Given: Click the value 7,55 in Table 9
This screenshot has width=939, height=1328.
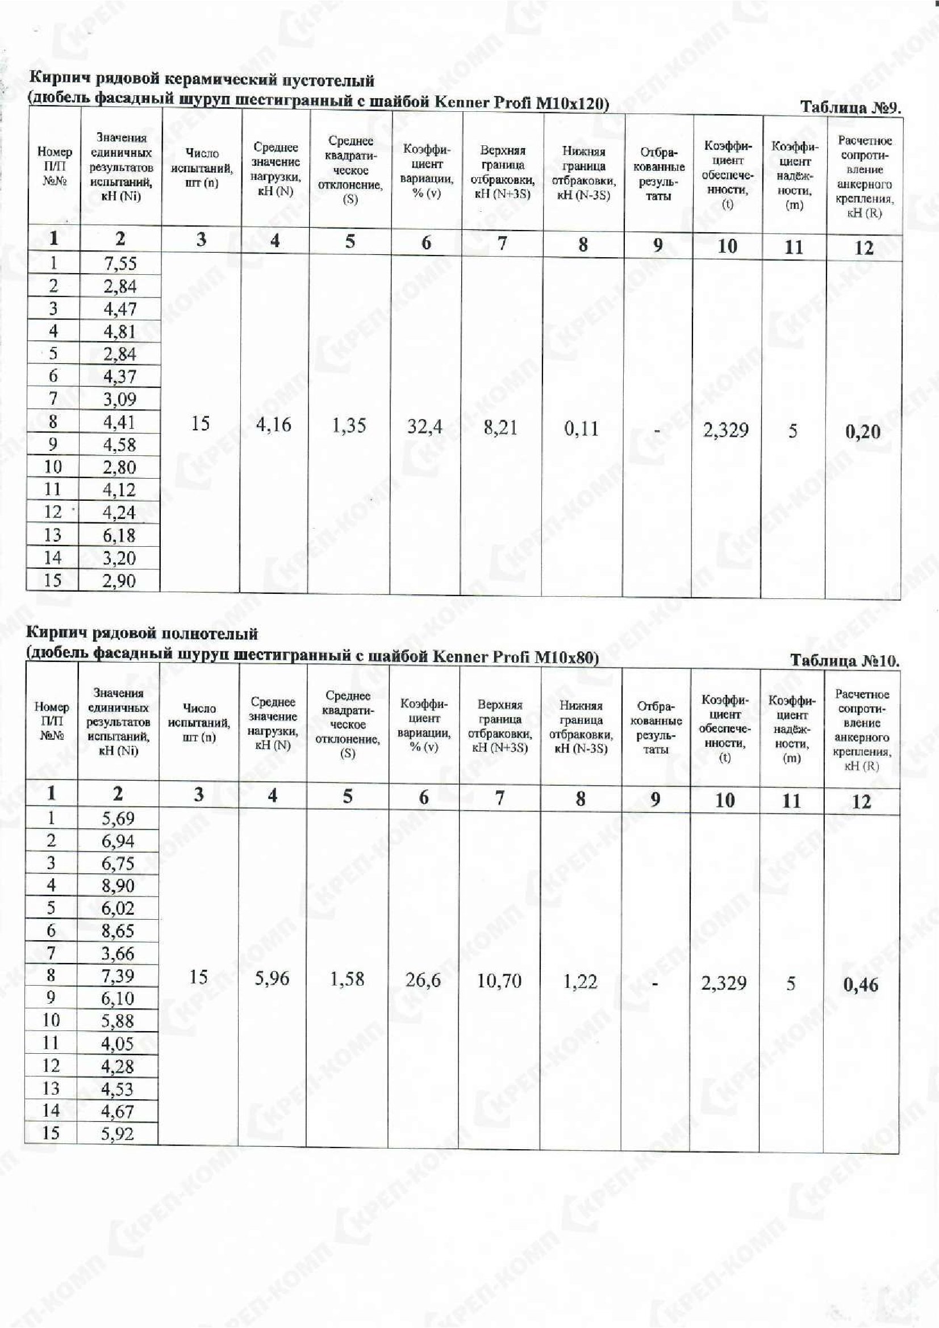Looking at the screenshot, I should tap(120, 264).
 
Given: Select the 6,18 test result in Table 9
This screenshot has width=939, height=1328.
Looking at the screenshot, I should tap(119, 535).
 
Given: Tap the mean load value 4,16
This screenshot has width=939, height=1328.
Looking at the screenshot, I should tap(274, 425).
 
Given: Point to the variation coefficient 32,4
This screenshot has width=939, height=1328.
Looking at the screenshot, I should tap(425, 427).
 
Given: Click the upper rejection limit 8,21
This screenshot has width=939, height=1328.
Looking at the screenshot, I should tap(500, 428).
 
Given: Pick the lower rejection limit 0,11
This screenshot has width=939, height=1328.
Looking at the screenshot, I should tap(582, 429).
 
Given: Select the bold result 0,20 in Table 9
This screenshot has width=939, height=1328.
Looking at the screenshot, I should tap(863, 432).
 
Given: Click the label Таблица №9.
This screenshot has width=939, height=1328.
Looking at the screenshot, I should tap(850, 107).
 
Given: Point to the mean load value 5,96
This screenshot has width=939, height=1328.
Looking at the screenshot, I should tap(272, 979).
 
